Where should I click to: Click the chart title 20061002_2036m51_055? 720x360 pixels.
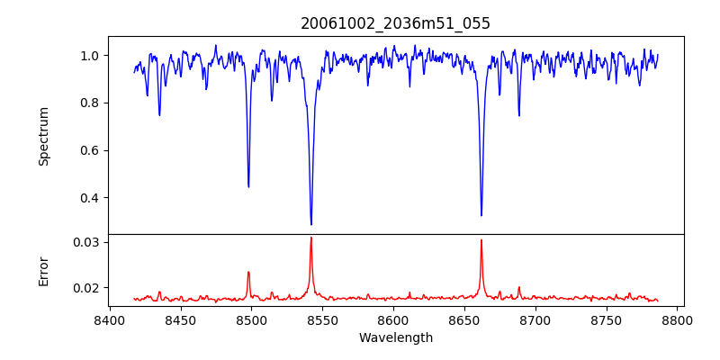(395, 23)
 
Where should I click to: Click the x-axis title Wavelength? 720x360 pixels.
(395, 338)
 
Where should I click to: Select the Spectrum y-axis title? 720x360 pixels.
(43, 136)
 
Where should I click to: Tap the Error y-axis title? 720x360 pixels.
(43, 271)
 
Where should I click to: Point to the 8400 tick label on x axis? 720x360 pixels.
(109, 319)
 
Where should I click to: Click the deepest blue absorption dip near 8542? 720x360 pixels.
(311, 224)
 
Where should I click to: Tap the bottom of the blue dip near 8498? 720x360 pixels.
(248, 186)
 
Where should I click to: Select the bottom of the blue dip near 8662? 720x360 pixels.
(481, 215)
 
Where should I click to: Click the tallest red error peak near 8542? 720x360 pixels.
(311, 238)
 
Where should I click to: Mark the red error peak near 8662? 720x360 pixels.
(481, 240)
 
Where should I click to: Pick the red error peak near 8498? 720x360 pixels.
(248, 272)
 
